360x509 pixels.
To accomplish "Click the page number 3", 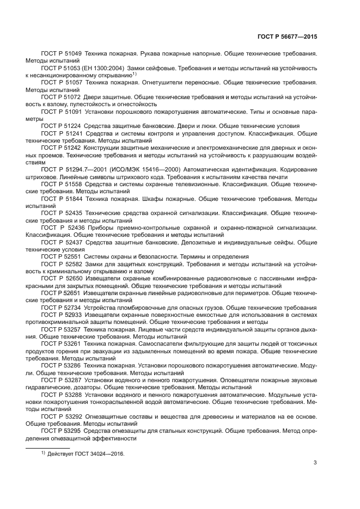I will [315, 463].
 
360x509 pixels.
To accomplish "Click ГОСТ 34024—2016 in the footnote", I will [101, 453].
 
